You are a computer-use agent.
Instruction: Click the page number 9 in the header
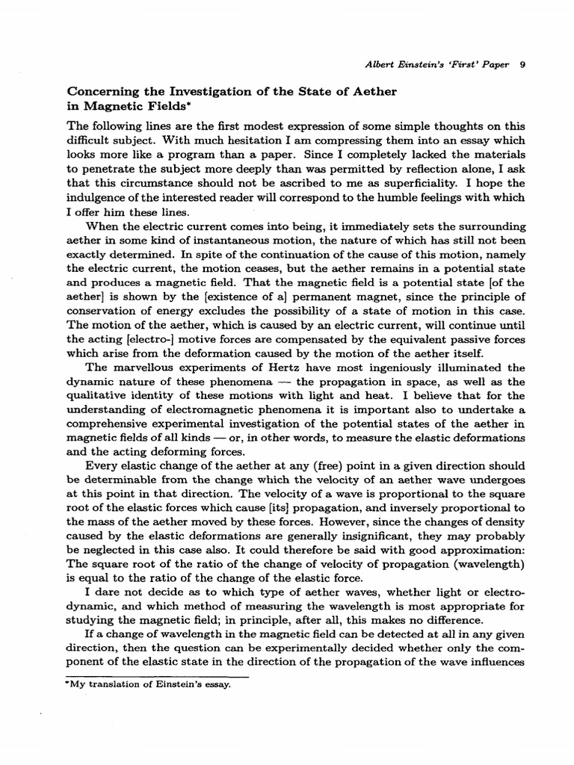522,64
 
